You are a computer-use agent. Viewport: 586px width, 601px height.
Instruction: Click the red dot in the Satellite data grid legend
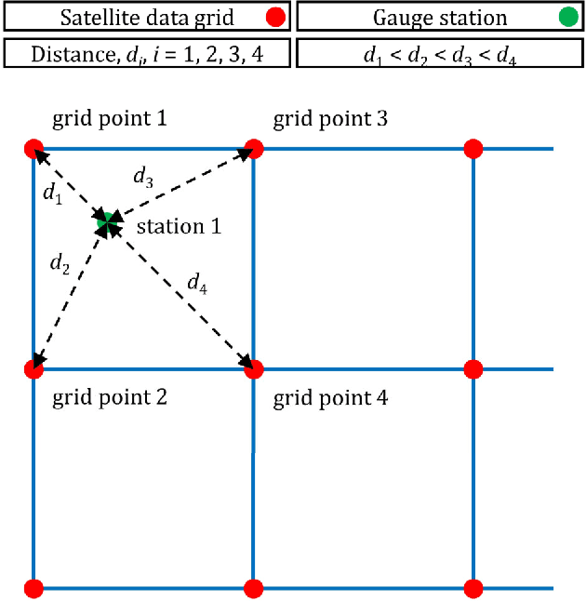(274, 18)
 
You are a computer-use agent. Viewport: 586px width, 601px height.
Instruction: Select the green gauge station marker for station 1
(107, 221)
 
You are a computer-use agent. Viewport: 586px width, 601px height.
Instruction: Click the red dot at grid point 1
(33, 149)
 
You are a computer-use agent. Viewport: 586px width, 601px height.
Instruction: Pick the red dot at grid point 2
(33, 369)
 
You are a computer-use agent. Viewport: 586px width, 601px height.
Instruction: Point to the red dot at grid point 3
(253, 149)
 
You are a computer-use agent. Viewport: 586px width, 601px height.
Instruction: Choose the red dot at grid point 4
(253, 369)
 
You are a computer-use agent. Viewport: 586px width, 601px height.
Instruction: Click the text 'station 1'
(179, 226)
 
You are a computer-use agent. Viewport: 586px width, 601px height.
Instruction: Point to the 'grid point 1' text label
(109, 119)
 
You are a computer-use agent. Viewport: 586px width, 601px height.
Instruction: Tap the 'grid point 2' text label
(109, 398)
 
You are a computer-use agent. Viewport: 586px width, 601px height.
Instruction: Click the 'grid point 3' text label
(330, 119)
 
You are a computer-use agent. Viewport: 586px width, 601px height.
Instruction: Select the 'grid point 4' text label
(330, 399)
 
